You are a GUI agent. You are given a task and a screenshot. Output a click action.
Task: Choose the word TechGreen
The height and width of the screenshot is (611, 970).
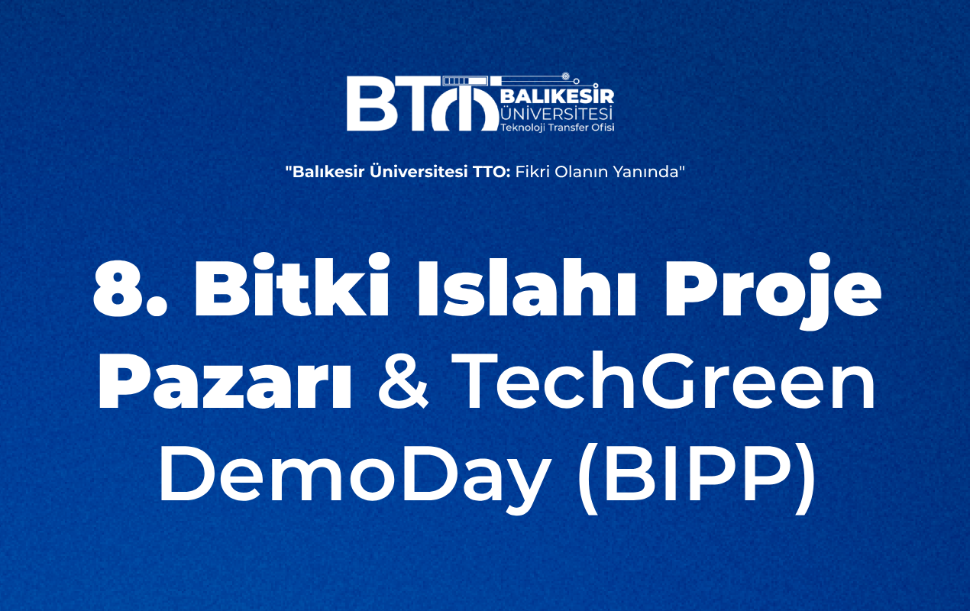click(x=663, y=380)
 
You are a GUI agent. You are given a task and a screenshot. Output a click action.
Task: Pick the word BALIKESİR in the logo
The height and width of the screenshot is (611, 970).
click(x=558, y=96)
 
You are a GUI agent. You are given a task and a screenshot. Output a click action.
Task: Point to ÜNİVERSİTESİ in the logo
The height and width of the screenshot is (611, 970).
click(x=557, y=114)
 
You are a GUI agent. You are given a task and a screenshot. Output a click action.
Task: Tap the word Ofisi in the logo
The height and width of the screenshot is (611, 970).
click(x=602, y=128)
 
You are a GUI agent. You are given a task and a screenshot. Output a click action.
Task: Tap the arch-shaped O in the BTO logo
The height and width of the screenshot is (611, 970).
click(x=464, y=108)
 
